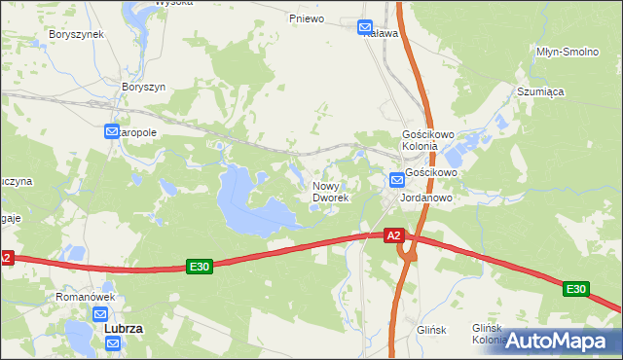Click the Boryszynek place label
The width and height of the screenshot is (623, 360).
click(x=76, y=33)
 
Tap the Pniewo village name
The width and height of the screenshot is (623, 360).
click(x=306, y=18)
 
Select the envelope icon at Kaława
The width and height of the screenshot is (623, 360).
click(x=365, y=27)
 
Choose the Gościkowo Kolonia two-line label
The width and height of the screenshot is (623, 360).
click(x=422, y=140)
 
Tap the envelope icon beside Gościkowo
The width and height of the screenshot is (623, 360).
click(x=396, y=179)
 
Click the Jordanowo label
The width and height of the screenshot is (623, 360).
click(x=426, y=196)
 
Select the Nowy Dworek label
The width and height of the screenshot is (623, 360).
click(x=330, y=191)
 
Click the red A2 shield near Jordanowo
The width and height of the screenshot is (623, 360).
click(x=393, y=235)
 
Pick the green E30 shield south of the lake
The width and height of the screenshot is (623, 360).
click(x=200, y=267)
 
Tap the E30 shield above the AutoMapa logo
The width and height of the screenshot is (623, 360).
click(x=575, y=289)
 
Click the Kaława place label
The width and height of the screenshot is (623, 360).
click(x=382, y=33)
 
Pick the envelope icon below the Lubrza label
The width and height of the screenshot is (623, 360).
click(x=113, y=344)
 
